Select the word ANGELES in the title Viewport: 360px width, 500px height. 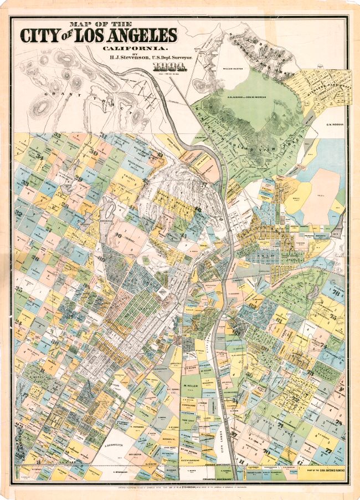pos(142,36)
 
